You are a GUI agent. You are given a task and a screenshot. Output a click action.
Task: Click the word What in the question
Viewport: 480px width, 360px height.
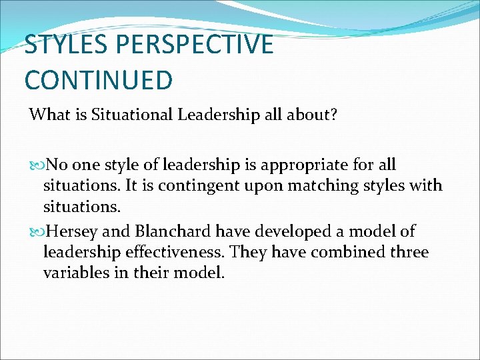pyautogui.click(x=47, y=115)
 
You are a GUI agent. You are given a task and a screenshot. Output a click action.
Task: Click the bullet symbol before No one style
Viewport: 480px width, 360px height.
pyautogui.click(x=36, y=165)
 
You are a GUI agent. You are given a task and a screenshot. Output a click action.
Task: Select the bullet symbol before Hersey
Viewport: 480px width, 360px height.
pyautogui.click(x=36, y=232)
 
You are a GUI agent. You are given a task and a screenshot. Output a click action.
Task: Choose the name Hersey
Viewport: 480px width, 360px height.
pyautogui.click(x=69, y=231)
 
